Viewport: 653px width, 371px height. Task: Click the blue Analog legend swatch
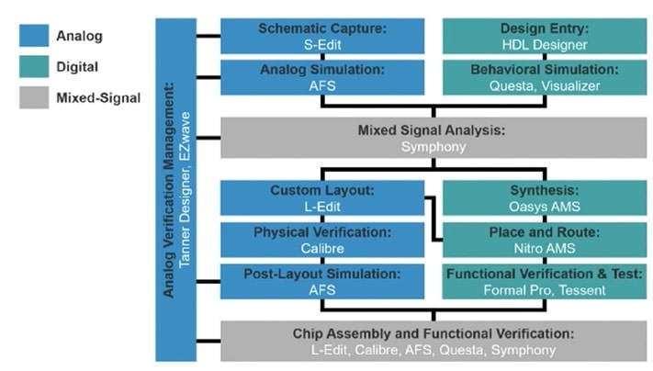34,36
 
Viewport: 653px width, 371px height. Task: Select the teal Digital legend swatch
34,67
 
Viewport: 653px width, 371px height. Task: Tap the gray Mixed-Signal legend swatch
34,97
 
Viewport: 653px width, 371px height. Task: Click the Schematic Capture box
322,36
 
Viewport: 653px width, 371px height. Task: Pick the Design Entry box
545,36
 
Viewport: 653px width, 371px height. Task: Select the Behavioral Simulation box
545,77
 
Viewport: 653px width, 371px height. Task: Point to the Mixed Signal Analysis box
433,138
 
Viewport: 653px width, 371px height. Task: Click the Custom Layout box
322,197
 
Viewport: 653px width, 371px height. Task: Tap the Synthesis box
545,197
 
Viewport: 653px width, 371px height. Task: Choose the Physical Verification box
322,240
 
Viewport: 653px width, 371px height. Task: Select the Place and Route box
545,240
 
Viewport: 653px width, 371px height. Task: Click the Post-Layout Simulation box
322,281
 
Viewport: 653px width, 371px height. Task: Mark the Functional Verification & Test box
545,281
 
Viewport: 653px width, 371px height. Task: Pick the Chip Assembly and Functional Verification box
433,341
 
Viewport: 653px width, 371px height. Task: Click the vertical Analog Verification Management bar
175,190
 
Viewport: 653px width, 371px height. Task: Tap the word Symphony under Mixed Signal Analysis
433,147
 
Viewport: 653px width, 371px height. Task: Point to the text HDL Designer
545,45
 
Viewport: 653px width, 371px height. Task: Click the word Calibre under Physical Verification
322,249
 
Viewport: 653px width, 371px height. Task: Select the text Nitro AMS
545,249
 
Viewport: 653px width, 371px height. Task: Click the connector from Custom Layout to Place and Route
433,219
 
